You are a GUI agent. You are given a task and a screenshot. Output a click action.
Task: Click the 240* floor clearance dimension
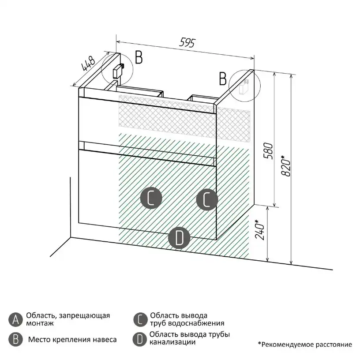(261, 229)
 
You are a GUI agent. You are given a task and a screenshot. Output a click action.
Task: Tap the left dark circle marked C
(151, 198)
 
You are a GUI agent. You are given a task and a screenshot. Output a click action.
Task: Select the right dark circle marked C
(207, 199)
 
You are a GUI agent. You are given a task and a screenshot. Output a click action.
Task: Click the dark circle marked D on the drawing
(179, 238)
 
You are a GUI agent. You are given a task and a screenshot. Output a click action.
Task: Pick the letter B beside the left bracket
(139, 57)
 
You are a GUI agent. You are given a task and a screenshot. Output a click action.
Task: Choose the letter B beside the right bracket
(223, 79)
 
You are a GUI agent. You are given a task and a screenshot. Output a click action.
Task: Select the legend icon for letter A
(15, 319)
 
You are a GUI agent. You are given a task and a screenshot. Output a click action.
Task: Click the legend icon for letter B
(15, 339)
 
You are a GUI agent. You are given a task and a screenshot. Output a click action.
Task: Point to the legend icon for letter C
(139, 319)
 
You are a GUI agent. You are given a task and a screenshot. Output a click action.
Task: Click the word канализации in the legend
(172, 342)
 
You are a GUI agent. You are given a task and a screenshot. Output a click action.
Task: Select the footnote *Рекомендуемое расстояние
(305, 345)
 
